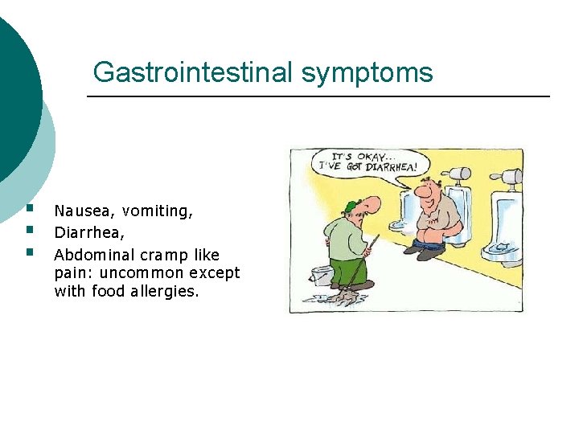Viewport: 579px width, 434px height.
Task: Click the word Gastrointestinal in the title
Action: point(194,72)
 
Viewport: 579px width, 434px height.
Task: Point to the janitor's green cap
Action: point(351,206)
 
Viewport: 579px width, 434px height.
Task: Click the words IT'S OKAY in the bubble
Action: point(353,156)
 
